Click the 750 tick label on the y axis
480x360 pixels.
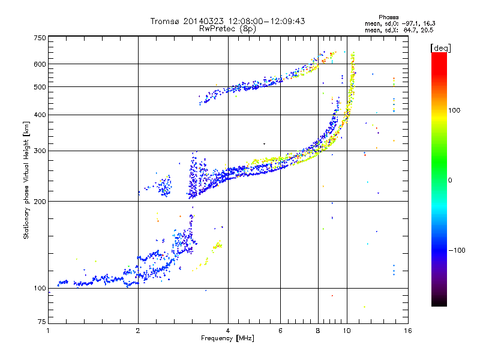40,38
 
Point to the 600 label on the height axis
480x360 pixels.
40,64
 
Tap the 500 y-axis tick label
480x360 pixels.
40,87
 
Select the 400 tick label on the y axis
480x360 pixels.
40,115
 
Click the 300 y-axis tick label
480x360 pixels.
40,151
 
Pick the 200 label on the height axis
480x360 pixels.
40,202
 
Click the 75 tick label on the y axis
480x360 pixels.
42,322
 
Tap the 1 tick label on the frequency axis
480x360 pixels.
48,331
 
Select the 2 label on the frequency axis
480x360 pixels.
138,331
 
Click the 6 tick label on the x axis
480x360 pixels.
280,331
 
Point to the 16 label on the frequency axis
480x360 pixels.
408,331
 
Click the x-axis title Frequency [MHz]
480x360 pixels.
227,338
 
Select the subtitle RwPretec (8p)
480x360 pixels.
227,29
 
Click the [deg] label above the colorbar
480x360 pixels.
440,48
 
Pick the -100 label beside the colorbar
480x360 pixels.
457,250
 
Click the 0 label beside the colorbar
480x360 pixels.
450,181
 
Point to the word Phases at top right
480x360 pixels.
388,17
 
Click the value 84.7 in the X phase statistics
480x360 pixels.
409,31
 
